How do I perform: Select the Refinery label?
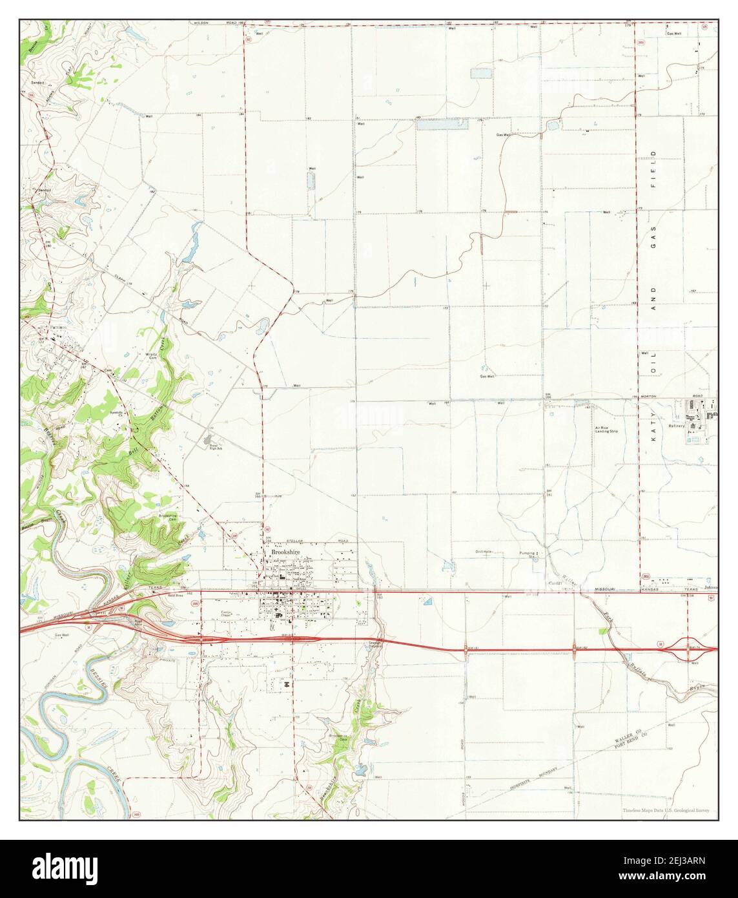[675, 426]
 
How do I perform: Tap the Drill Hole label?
[484, 551]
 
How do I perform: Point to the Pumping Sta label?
[529, 554]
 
